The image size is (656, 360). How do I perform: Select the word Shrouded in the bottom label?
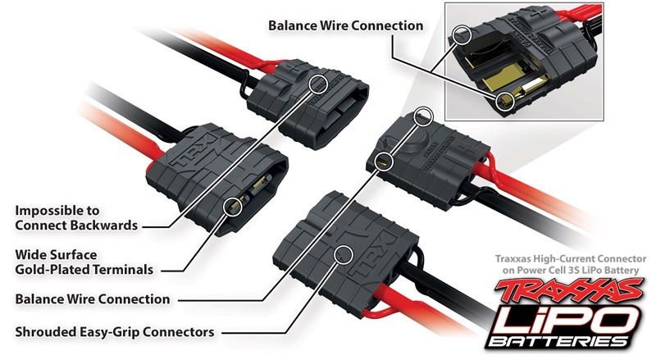coord(51,332)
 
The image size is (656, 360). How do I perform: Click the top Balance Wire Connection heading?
coord(346,25)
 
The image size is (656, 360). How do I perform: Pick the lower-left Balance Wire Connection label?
coord(92,299)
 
